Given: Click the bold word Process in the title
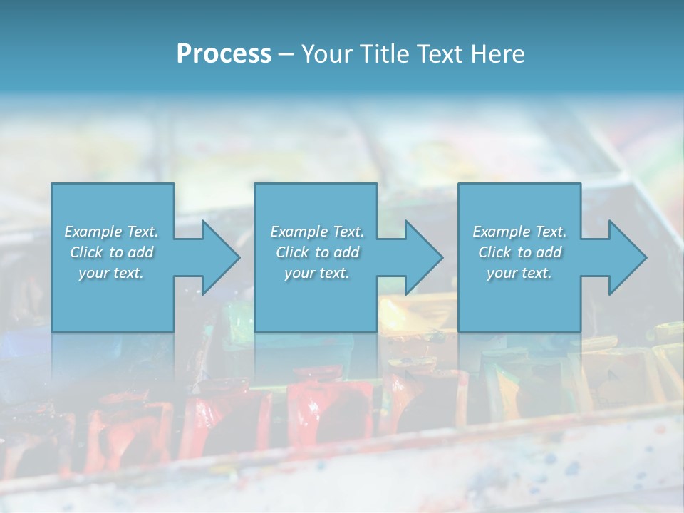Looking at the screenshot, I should [x=224, y=54].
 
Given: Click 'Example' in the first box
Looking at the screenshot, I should [x=93, y=232].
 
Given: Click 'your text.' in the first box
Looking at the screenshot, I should [x=111, y=274].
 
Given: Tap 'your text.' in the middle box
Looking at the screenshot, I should [x=317, y=274].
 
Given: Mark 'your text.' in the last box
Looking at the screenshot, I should [x=519, y=274].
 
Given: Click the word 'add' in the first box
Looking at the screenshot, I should [x=141, y=252].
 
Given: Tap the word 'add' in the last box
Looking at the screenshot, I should [x=549, y=252].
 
